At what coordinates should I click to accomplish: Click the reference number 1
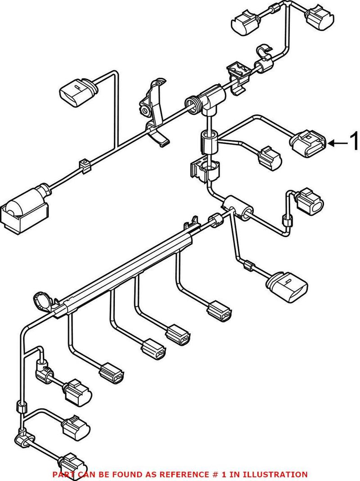point(354,143)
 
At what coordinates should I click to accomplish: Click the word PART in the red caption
point(62,474)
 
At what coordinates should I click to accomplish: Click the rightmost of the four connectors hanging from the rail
point(220,311)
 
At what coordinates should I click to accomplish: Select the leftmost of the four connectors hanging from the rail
point(111,371)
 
